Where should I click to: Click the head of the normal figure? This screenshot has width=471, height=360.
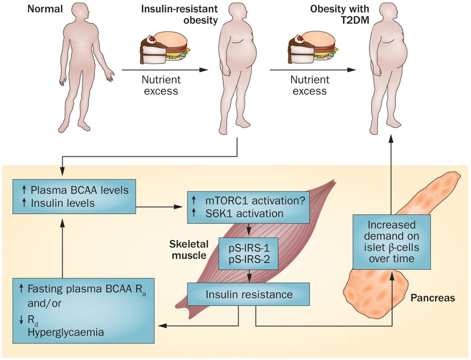click(83, 14)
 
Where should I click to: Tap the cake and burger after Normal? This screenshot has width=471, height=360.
click(163, 47)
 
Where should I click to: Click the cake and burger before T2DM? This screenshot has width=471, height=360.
click(313, 47)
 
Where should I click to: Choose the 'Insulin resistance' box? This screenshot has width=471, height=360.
click(248, 294)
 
